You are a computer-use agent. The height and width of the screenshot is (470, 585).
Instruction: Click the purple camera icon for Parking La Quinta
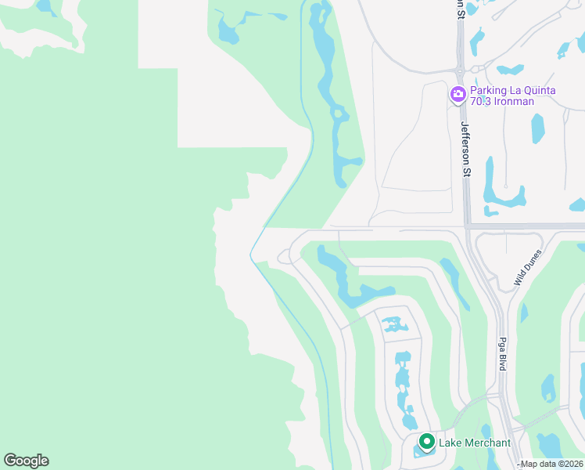coord(458,95)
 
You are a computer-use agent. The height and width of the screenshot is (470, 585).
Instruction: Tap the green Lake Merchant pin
coord(426,443)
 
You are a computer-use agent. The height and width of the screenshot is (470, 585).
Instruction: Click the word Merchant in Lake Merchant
coord(486,443)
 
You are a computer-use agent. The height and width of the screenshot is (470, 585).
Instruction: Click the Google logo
coord(26,461)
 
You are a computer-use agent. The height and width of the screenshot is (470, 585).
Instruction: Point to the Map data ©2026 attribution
coord(552,464)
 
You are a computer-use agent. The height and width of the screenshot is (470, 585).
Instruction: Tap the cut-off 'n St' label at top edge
coord(460,8)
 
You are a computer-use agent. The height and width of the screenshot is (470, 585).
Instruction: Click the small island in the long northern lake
coord(339,114)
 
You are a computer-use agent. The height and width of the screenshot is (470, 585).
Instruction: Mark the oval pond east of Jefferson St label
coord(538,128)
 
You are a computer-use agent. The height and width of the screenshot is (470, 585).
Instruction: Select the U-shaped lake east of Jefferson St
coord(501,192)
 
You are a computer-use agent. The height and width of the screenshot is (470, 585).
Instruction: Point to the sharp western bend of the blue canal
coord(251,255)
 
